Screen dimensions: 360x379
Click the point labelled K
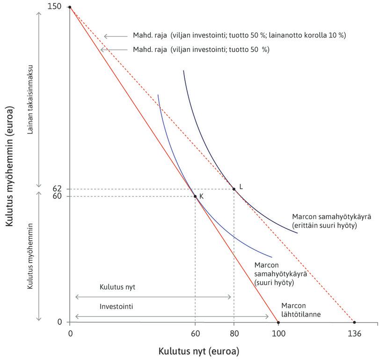[195, 196]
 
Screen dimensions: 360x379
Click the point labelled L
[234, 189]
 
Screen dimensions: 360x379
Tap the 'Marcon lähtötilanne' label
[300, 310]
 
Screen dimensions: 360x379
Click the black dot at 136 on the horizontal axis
[354, 322]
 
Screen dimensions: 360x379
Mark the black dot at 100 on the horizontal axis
[278, 322]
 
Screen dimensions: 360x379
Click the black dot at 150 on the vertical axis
[70, 7]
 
